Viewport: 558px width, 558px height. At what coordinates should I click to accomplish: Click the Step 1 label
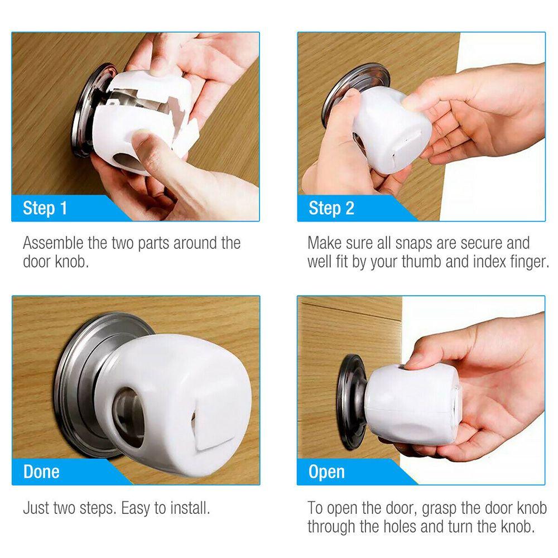(45, 208)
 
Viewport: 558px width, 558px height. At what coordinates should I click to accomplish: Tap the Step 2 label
(331, 208)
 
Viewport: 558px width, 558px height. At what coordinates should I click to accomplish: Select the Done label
(41, 472)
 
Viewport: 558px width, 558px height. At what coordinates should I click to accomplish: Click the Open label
(326, 472)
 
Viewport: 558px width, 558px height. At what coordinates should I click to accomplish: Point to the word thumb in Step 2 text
(422, 262)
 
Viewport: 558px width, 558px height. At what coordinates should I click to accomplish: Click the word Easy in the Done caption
(139, 508)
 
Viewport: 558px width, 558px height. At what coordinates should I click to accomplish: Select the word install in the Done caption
(190, 508)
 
